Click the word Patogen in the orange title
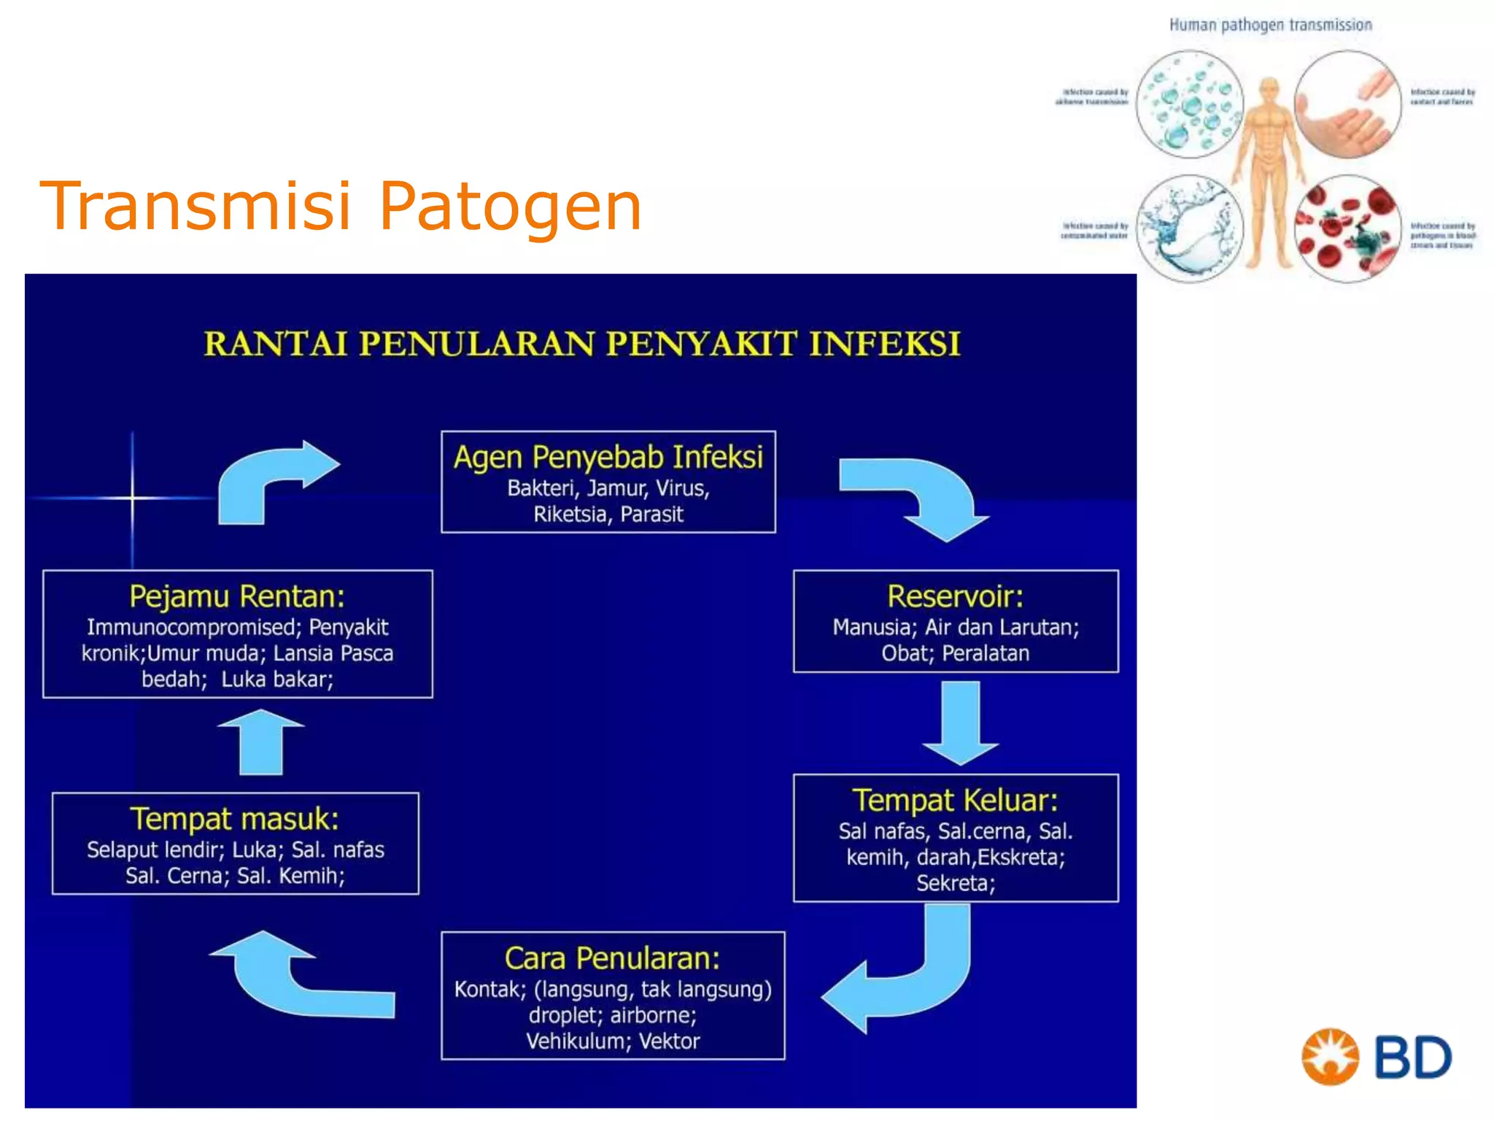tap(510, 207)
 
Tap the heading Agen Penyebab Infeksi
tap(608, 458)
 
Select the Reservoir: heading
tap(955, 596)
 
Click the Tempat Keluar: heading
tap(955, 801)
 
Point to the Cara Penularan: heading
tap(612, 958)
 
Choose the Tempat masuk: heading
tap(234, 819)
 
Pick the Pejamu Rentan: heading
tap(237, 596)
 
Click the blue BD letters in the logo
tap(1413, 1058)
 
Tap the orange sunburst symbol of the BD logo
tap(1330, 1057)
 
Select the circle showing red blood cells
tap(1347, 228)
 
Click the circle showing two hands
tap(1347, 104)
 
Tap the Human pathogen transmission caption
tap(1270, 26)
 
